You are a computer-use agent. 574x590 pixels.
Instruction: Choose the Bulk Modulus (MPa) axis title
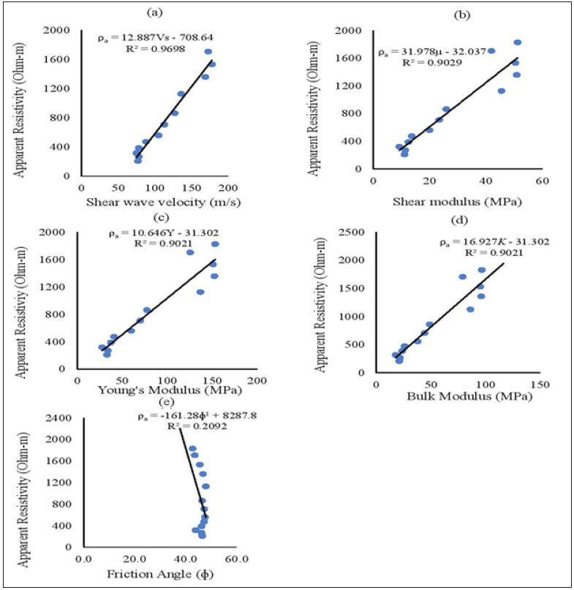[x=459, y=396]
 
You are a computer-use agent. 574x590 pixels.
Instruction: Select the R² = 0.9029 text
[x=427, y=63]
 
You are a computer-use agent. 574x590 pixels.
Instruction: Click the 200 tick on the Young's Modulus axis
[x=257, y=381]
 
